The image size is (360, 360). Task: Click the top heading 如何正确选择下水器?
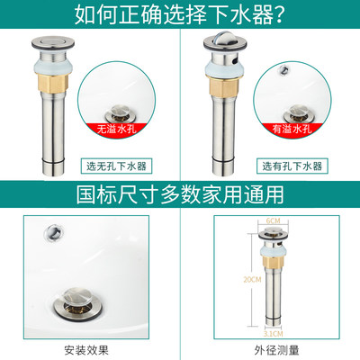coord(180,15)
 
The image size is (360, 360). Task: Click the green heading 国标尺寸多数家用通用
coord(180,193)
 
